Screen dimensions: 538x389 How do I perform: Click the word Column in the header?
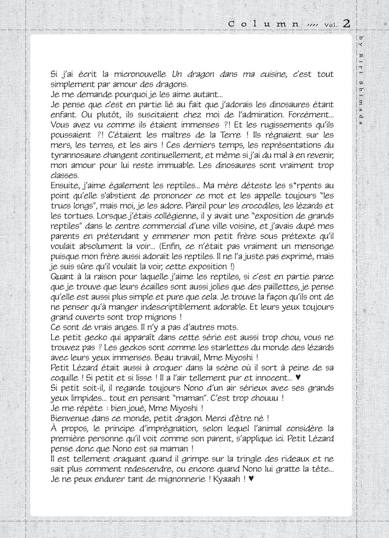click(263, 24)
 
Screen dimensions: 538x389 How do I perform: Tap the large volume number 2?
click(346, 23)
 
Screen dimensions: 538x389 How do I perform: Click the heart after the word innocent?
click(299, 378)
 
